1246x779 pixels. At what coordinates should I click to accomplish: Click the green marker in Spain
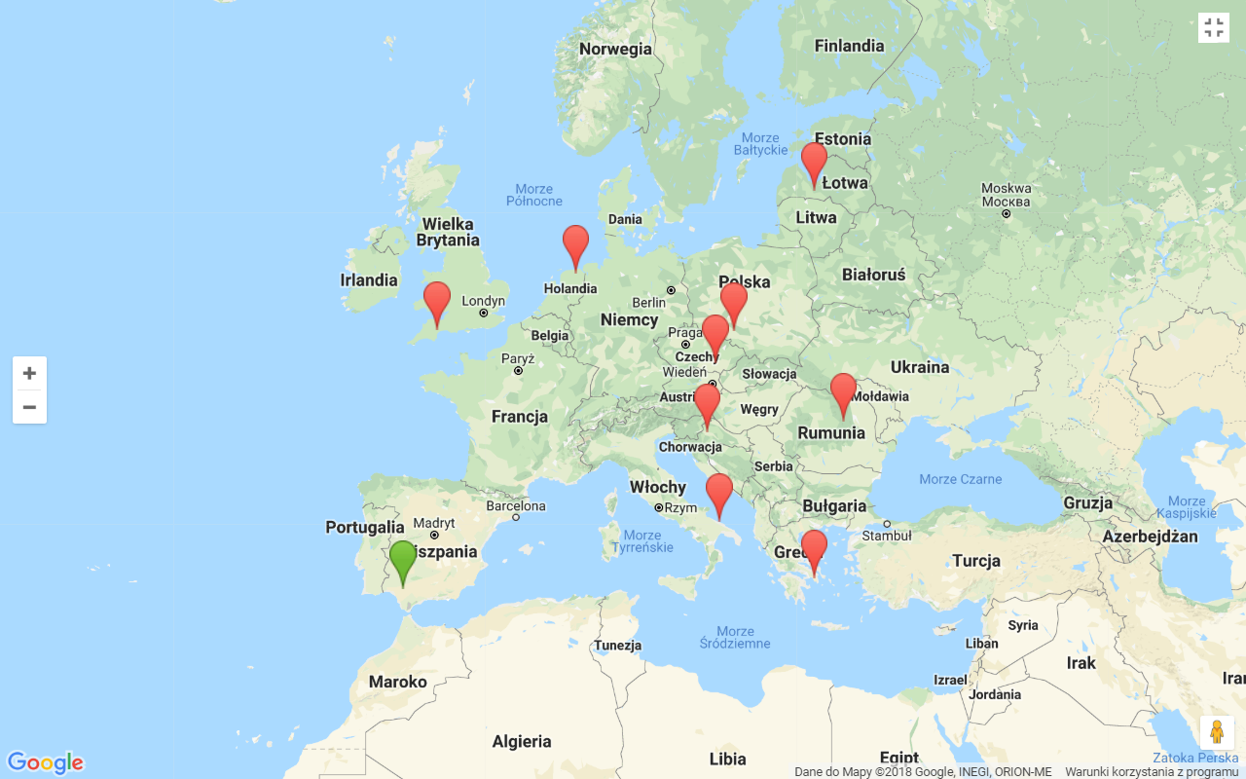coord(403,558)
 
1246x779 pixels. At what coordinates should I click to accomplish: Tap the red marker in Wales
coord(437,299)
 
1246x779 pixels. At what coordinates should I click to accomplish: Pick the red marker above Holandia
coord(575,242)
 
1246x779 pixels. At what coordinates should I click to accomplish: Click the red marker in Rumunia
coord(843,390)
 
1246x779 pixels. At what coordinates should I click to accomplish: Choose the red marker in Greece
coord(814,547)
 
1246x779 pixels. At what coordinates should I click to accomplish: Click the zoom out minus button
coord(29,407)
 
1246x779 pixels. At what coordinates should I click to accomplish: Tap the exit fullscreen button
coord(1213,27)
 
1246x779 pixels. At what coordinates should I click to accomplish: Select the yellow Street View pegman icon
coord(1217,732)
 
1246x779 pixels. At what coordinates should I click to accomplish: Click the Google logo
coord(45,762)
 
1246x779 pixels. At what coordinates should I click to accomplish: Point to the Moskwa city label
coord(1006,189)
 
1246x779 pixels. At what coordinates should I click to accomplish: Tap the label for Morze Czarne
coord(960,479)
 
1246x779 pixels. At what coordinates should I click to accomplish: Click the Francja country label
coord(519,417)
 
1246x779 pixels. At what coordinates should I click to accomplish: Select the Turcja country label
coord(975,561)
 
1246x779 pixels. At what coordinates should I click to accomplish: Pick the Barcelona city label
coord(516,505)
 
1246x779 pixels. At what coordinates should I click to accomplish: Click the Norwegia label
coord(615,50)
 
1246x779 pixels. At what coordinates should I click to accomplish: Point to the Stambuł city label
coord(886,535)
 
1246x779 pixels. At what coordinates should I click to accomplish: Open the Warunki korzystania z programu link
coord(1151,771)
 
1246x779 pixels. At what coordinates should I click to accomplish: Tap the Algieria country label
coord(522,742)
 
